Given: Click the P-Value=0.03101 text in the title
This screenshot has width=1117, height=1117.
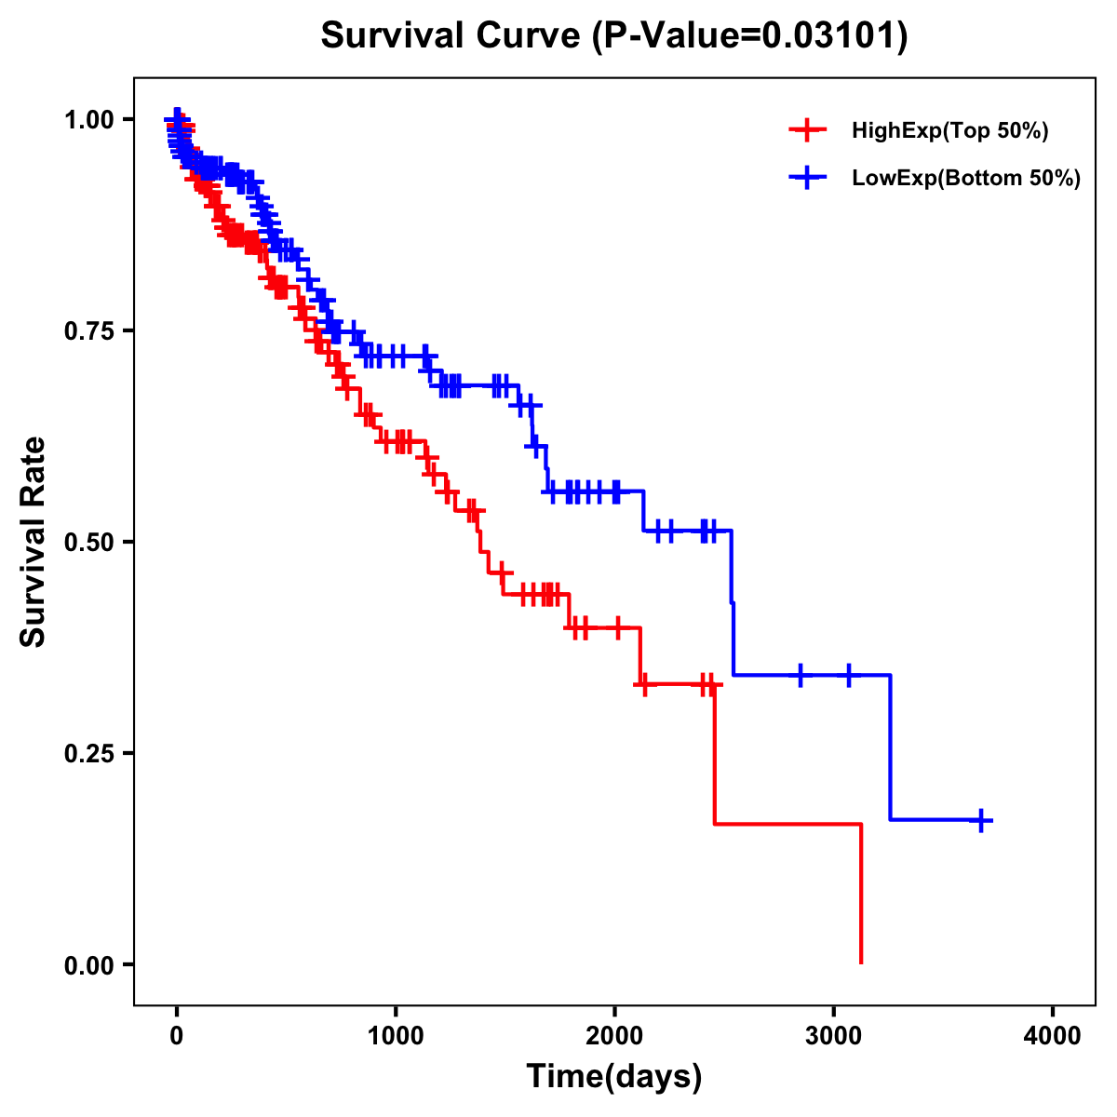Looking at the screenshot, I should [751, 35].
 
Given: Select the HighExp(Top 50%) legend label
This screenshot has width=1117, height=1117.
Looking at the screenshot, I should [949, 131].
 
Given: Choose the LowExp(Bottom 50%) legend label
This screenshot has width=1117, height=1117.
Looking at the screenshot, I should [966, 179].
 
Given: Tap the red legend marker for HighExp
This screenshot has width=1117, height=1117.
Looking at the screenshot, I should [808, 131].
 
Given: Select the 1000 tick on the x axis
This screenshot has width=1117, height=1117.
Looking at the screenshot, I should [396, 1036].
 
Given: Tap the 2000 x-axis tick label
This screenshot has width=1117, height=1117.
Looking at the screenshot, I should [614, 1036].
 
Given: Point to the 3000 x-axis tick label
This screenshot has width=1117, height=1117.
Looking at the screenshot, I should [834, 1036].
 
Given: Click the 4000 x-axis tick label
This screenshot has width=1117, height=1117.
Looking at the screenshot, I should [1053, 1036].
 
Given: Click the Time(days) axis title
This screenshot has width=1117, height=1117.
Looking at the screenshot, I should [614, 1077].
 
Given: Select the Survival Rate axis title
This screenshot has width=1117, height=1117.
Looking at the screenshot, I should [34, 542].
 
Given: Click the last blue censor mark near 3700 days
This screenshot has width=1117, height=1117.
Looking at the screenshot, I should [981, 820].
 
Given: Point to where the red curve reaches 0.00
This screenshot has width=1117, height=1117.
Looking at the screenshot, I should [861, 962].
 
